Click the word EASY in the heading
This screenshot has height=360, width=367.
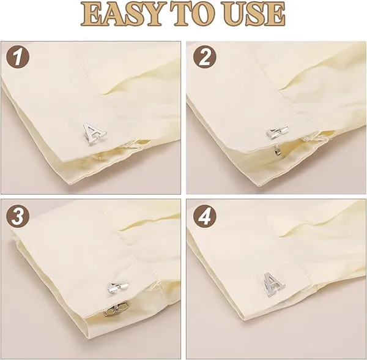pos(122,13)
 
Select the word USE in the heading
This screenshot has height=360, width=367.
pos(254,13)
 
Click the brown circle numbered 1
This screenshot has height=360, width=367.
pos(18,57)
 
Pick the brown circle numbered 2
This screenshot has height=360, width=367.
pos(205,57)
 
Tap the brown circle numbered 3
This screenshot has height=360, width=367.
pos(18,216)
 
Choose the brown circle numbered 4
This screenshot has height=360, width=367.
pos(205,216)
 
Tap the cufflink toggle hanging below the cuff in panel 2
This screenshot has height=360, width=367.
pos(276,150)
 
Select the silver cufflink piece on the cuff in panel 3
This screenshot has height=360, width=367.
pos(117,288)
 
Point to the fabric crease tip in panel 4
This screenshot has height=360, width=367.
pos(280,236)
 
